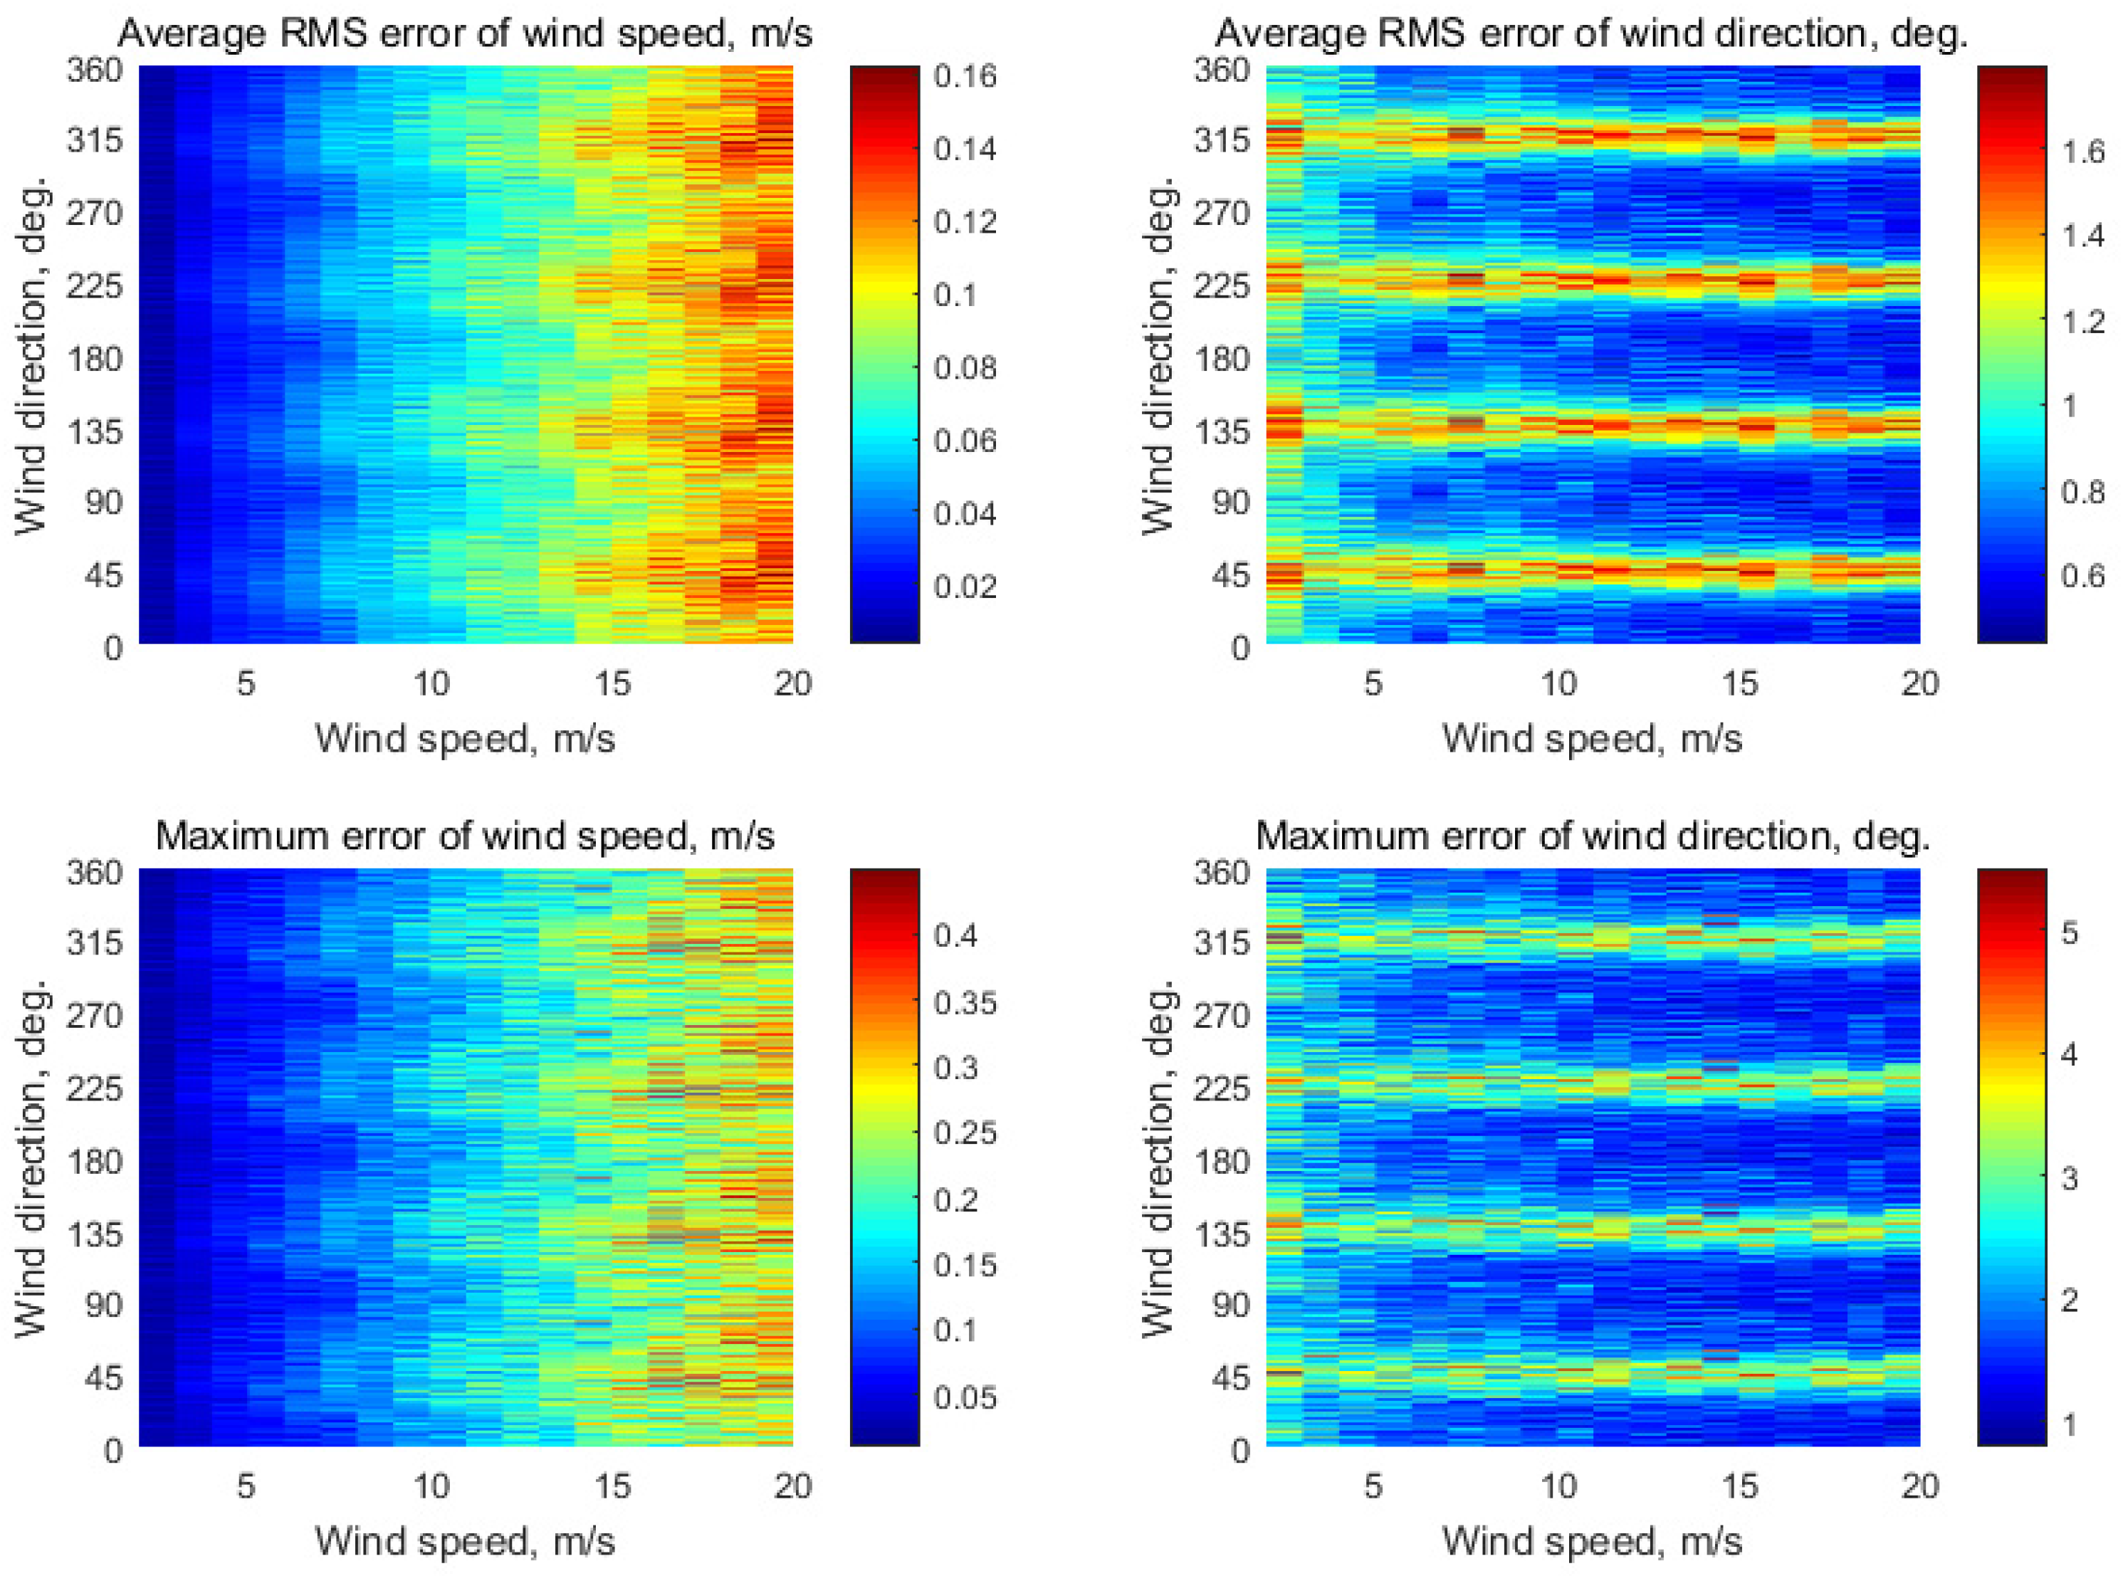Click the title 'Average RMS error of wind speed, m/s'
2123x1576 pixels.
click(465, 34)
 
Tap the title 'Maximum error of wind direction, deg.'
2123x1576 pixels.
click(1593, 836)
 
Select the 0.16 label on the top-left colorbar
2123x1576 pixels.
click(965, 76)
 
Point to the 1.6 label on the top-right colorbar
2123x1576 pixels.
click(2083, 151)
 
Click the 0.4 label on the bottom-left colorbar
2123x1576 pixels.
click(956, 936)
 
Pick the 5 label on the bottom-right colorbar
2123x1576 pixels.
click(2070, 932)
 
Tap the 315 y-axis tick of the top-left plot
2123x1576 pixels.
click(95, 141)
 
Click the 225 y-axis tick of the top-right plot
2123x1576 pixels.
click(1222, 286)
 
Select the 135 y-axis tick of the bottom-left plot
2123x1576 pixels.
click(95, 1234)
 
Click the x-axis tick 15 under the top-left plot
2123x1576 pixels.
click(612, 683)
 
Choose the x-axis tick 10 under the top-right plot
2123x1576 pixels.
click(1558, 683)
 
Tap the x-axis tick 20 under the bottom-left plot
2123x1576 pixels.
click(792, 1486)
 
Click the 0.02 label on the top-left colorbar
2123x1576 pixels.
click(965, 586)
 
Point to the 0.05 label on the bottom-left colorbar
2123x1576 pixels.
click(965, 1397)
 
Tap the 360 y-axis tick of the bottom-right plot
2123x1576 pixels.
click(1222, 872)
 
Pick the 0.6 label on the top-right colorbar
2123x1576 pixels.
click(2083, 575)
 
